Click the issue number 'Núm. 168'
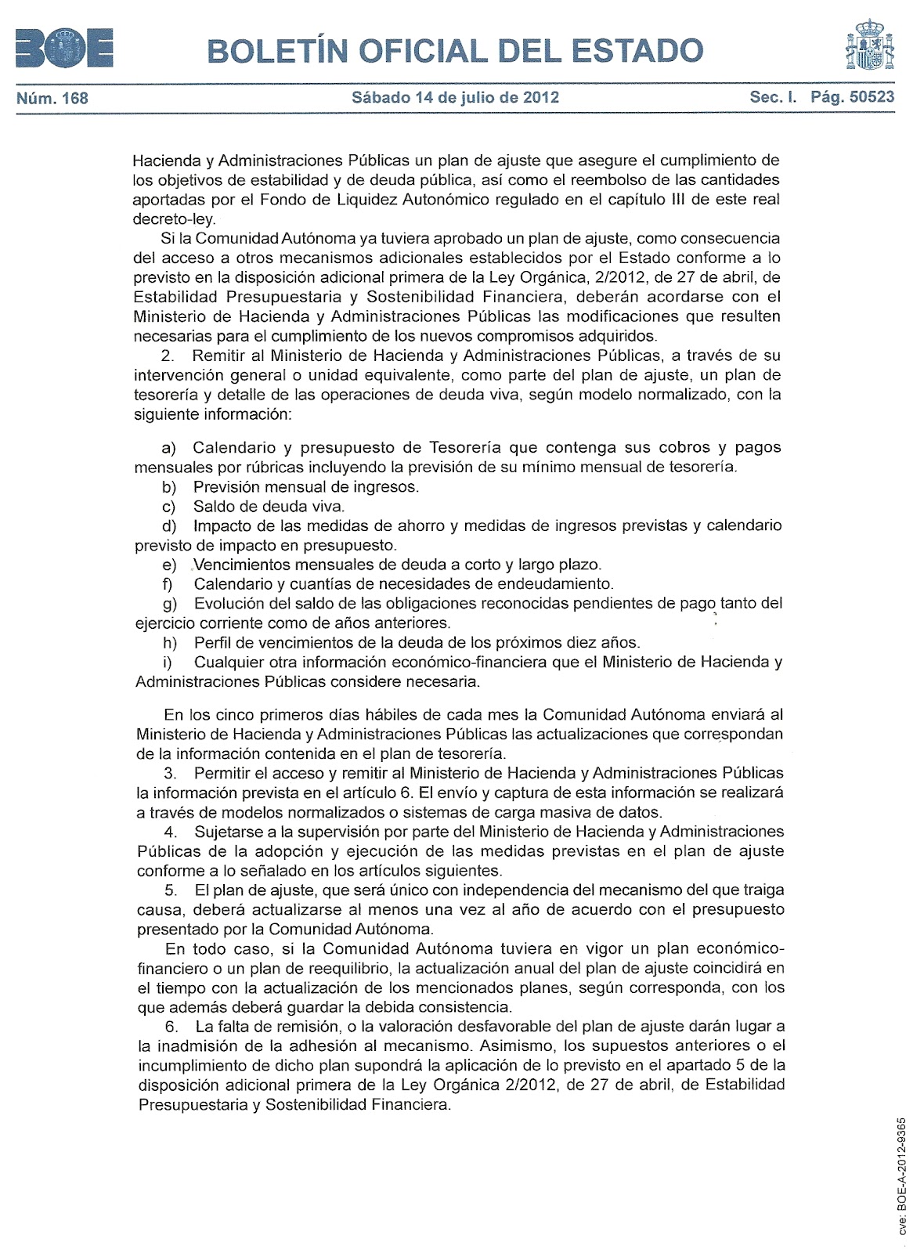click(52, 98)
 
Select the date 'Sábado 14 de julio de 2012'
click(455, 98)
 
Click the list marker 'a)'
click(169, 448)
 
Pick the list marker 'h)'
click(169, 643)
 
